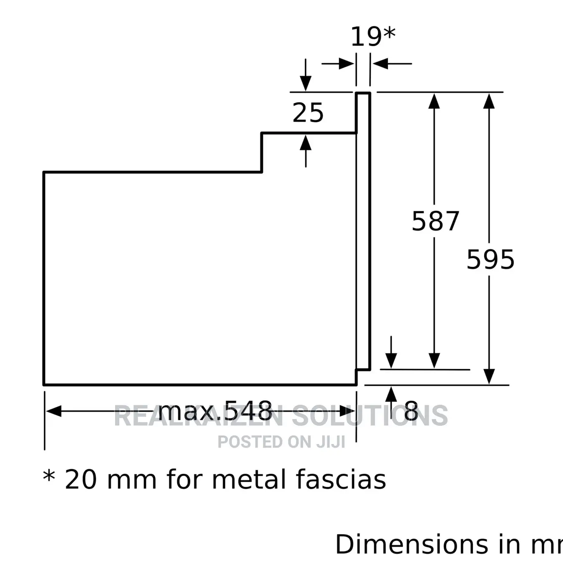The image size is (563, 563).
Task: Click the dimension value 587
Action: (435, 221)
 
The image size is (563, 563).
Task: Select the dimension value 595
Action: (490, 259)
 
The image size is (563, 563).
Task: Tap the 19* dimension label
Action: (373, 37)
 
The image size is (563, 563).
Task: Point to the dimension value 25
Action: (308, 113)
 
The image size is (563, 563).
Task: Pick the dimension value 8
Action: (411, 411)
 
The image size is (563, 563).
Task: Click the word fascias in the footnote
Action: (341, 480)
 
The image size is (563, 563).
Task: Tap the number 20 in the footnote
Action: (80, 480)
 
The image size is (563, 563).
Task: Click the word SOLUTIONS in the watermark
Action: (370, 416)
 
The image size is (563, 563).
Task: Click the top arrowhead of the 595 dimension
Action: (489, 101)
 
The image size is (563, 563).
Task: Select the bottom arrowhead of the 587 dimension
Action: (434, 361)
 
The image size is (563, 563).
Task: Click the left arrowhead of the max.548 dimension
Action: (54, 411)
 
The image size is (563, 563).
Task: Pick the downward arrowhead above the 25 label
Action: (306, 83)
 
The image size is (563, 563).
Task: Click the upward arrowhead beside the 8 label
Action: (391, 394)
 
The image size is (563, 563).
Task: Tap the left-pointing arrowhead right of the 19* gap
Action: (380, 64)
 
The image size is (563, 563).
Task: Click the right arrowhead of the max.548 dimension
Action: (347, 411)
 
